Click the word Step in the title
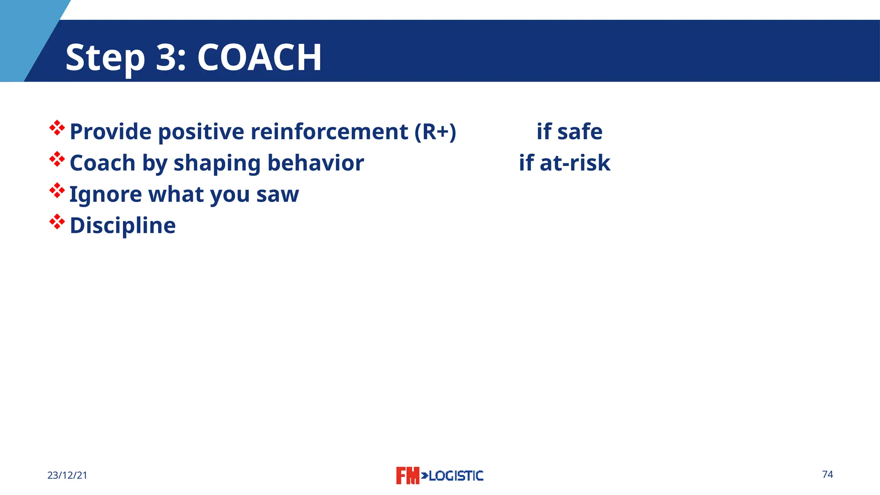(105, 58)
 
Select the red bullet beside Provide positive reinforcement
(57, 128)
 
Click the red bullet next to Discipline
(57, 222)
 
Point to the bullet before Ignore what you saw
(57, 190)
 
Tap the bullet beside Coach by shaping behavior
(57, 159)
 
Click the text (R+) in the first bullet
(435, 131)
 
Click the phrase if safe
(569, 131)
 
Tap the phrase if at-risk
(565, 163)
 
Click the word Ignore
(106, 195)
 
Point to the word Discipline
(123, 226)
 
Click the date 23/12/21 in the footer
(67, 475)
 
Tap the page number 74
(828, 474)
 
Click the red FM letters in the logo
(407, 476)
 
